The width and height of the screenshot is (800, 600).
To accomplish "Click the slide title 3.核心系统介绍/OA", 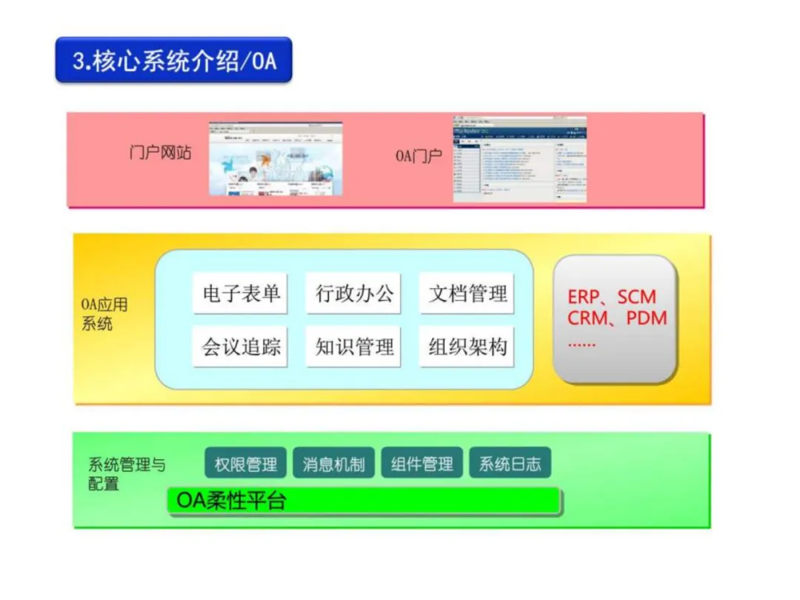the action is (174, 60).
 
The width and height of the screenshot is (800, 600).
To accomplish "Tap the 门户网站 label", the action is (160, 153).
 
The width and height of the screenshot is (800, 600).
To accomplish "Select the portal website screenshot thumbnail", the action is (276, 159).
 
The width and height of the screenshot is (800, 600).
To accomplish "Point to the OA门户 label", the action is (419, 157).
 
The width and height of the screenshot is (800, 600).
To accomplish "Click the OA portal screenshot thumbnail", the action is (519, 159).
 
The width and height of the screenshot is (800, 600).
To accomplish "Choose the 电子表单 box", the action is (241, 293).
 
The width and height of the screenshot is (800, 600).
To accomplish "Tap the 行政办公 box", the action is (354, 293).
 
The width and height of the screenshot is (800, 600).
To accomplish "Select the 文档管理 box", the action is (467, 293).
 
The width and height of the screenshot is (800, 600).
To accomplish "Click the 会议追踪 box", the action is (241, 347).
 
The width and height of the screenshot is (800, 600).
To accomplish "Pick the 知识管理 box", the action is (354, 347).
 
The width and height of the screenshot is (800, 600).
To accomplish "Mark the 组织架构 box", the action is (467, 347).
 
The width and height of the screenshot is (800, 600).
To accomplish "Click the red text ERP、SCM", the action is (612, 297).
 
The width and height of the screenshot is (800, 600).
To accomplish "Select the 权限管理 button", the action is (246, 464).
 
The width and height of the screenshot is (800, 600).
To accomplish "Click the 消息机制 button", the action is (333, 464).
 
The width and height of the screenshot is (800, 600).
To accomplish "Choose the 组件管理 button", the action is (421, 464).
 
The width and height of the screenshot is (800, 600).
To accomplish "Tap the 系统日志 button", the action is (510, 464).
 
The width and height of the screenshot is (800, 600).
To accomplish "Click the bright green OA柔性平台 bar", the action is (363, 501).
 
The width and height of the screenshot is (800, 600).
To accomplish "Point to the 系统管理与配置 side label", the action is (127, 474).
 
